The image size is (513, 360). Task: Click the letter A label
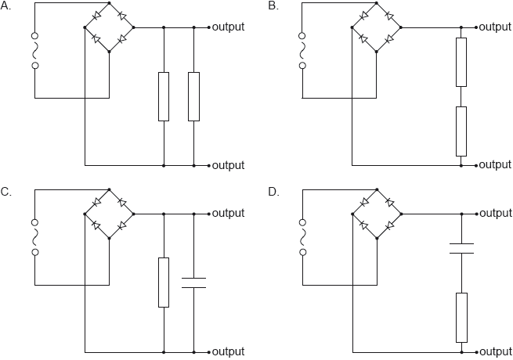(7, 6)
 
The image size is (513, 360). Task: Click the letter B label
(273, 6)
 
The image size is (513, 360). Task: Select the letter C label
(7, 192)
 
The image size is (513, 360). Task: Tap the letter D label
(273, 192)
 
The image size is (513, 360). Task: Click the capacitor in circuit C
(193, 282)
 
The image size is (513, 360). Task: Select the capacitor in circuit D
(461, 248)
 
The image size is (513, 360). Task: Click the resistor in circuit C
(163, 282)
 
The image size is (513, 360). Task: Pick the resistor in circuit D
(461, 317)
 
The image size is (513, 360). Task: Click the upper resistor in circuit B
(461, 62)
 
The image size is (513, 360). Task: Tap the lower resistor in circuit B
(461, 131)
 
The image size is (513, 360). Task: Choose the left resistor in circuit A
(163, 96)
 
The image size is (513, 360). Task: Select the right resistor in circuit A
(193, 96)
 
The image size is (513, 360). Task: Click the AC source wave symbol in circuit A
(34, 51)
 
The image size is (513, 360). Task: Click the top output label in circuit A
(228, 27)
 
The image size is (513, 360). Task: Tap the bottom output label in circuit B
(495, 165)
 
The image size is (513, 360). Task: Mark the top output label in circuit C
(228, 213)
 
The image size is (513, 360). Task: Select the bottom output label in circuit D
(495, 351)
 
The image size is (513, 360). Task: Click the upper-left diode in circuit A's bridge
(97, 16)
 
